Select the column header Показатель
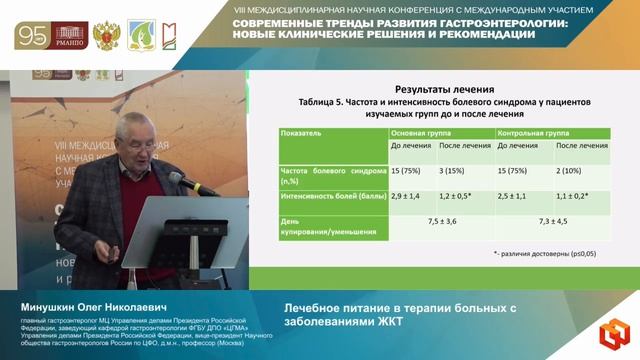(304, 131)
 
